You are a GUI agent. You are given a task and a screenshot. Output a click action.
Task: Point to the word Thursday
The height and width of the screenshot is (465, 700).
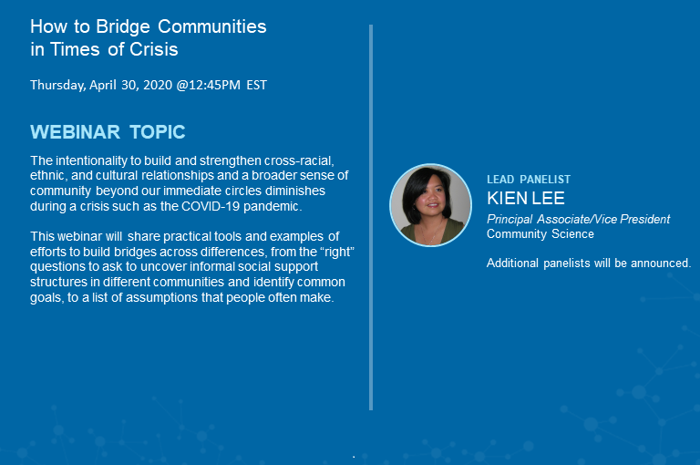pyautogui.click(x=57, y=85)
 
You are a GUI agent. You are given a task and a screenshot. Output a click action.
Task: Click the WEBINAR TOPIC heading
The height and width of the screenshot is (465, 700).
pyautogui.click(x=108, y=132)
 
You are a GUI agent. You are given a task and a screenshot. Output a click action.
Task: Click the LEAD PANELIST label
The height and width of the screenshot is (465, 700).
pyautogui.click(x=529, y=180)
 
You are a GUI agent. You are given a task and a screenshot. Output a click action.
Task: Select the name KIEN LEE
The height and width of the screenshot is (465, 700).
pyautogui.click(x=526, y=198)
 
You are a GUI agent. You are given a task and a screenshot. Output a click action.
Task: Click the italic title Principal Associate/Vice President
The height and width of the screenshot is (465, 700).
pyautogui.click(x=578, y=219)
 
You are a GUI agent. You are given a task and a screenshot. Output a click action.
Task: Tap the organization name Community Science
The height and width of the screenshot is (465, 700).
pyautogui.click(x=540, y=233)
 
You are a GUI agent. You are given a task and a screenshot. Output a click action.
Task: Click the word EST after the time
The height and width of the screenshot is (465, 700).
pyautogui.click(x=256, y=85)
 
